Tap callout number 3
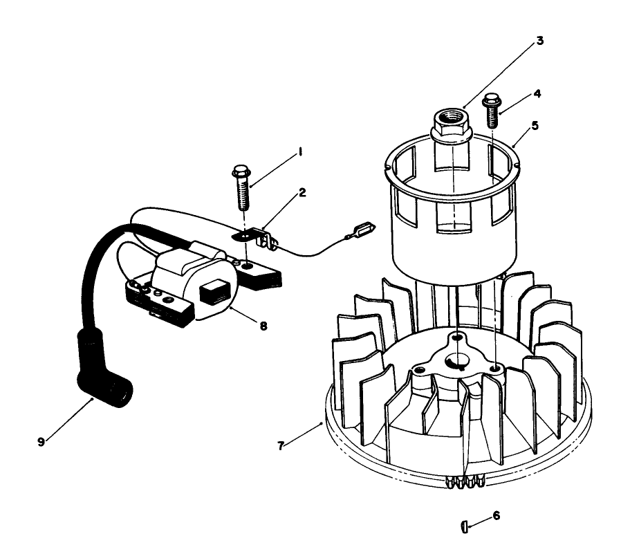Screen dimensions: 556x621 [539, 41]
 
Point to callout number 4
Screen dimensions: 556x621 [537, 93]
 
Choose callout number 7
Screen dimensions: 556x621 [280, 446]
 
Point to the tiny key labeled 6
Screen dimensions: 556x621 [463, 527]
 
